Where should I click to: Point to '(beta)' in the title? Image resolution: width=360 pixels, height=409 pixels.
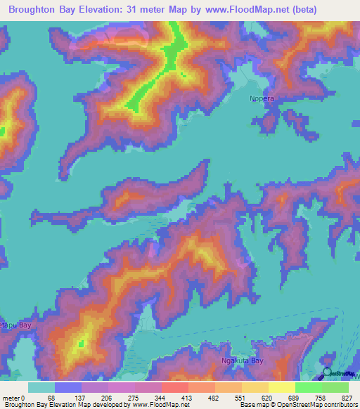pyautogui.click(x=298, y=10)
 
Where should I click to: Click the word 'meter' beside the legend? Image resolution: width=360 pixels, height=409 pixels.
pyautogui.click(x=11, y=398)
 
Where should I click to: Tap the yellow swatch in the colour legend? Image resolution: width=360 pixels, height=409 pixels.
pyautogui.click(x=281, y=387)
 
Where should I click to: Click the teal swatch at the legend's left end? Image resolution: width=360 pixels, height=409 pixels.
pyautogui.click(x=41, y=387)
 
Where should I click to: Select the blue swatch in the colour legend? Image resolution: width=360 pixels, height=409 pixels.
pyautogui.click(x=68, y=387)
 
